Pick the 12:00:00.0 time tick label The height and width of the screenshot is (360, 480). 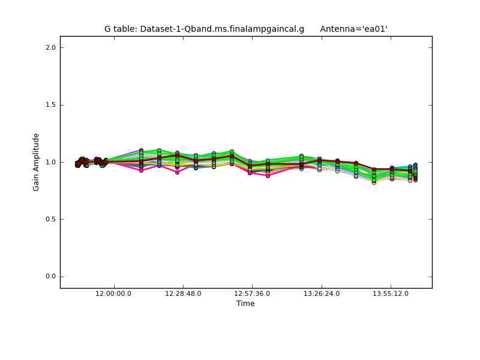(x=114, y=293)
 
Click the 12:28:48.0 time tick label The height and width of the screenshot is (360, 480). (x=183, y=293)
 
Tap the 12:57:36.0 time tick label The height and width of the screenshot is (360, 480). (x=252, y=293)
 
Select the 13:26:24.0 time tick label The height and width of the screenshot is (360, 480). (x=322, y=293)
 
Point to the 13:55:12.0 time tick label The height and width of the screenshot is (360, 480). (x=391, y=293)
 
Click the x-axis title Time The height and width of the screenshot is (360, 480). (x=245, y=304)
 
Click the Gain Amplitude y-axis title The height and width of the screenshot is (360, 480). (x=37, y=162)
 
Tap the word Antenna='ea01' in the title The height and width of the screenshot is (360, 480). (x=353, y=29)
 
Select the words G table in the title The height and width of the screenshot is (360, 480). (x=119, y=29)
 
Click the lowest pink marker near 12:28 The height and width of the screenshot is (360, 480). (x=177, y=172)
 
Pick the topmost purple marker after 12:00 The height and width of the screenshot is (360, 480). (x=141, y=151)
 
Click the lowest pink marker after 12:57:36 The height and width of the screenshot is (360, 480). (x=268, y=176)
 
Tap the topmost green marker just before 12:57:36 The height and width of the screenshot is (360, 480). (x=232, y=152)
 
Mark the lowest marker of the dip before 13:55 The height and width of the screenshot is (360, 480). (x=374, y=182)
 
